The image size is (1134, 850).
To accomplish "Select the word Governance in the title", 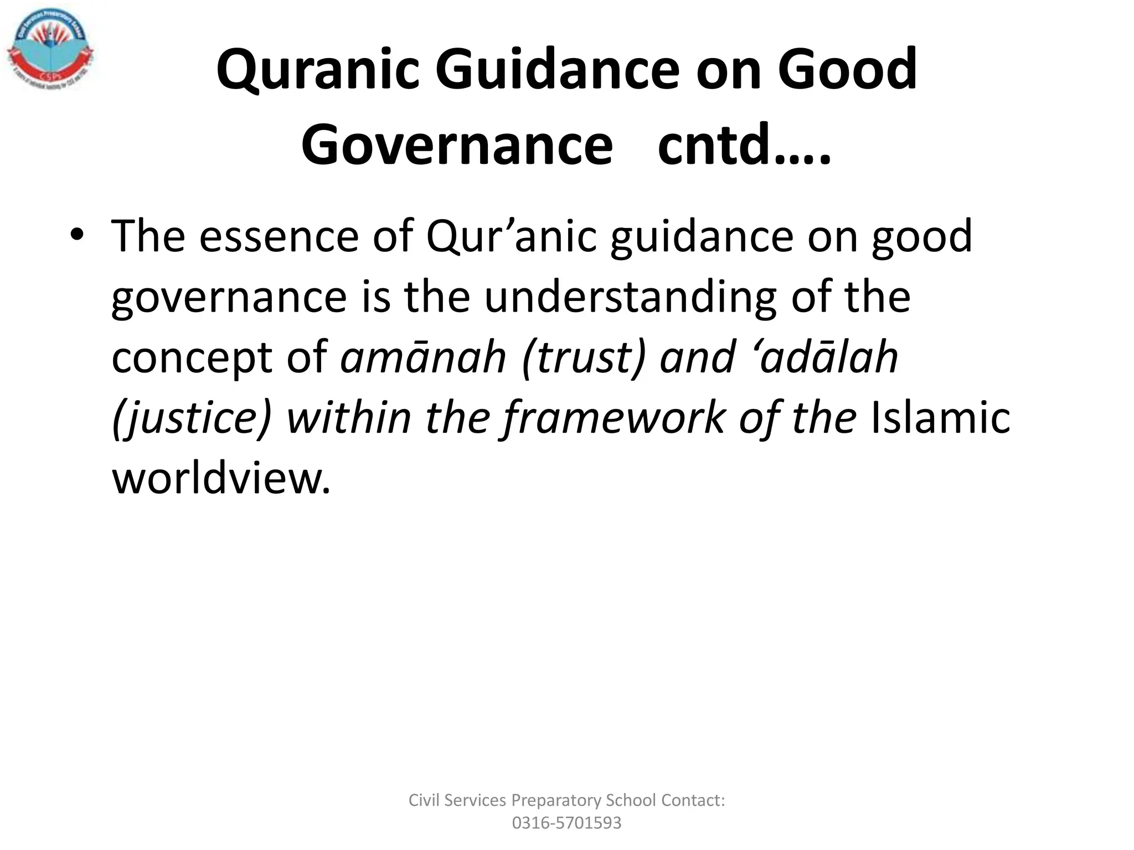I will coord(457,145).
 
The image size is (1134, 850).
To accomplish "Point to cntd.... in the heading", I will coord(744,145).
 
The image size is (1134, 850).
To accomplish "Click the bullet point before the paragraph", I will coord(77,235).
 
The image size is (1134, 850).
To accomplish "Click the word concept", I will coord(191,359).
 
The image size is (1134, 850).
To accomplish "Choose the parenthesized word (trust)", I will coord(584,359).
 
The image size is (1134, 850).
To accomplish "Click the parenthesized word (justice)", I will coord(192,418).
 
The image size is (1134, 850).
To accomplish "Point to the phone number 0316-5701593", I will coord(566,823).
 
